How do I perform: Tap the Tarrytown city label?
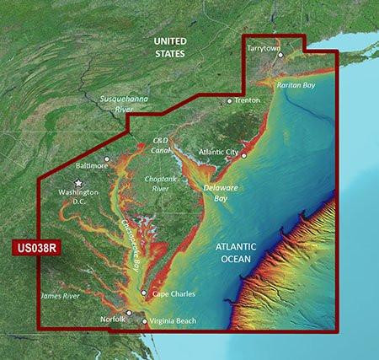[x=263, y=49]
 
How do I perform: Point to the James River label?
[x=59, y=296]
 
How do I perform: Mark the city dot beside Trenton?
[x=229, y=100]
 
